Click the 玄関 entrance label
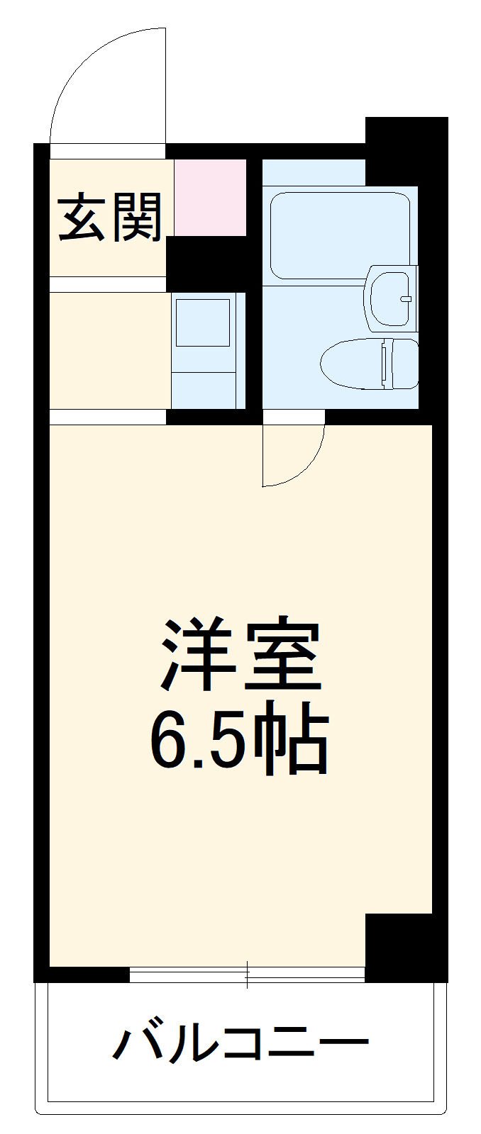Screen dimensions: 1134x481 click(x=110, y=217)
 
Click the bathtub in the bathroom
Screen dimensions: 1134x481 click(x=339, y=234)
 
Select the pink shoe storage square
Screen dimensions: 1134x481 click(x=210, y=198)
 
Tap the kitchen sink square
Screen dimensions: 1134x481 click(x=203, y=322)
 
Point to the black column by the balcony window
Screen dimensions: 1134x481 click(x=399, y=947)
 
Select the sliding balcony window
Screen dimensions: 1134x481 click(x=247, y=975)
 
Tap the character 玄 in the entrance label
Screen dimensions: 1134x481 click(x=82, y=217)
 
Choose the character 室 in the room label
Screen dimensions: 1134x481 click(x=282, y=656)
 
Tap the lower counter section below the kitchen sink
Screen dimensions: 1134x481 click(x=203, y=390)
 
